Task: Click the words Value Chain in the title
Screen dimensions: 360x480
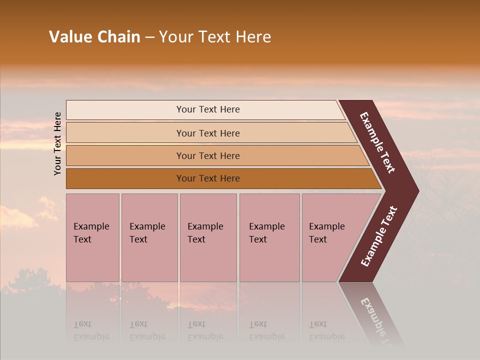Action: (94, 37)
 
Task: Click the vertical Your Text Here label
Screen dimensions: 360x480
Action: (57, 143)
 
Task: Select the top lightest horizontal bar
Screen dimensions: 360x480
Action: (125, 110)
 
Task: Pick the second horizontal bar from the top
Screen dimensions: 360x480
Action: (125, 133)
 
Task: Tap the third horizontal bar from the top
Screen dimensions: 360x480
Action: (125, 155)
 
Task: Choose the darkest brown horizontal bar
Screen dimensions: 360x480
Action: (125, 178)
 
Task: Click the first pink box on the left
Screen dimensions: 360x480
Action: (92, 260)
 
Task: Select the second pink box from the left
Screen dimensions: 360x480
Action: (149, 260)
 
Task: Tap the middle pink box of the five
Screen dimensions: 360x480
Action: (208, 260)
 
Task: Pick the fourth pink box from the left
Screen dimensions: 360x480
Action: (269, 260)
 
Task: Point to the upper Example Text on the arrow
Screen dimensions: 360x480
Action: (377, 142)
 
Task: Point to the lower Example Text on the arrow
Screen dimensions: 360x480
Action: (378, 236)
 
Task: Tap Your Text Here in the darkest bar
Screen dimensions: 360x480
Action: (208, 178)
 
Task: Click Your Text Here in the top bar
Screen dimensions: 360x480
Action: (208, 109)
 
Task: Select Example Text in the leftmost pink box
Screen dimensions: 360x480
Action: (91, 233)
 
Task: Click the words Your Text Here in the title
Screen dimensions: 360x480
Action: (215, 37)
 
